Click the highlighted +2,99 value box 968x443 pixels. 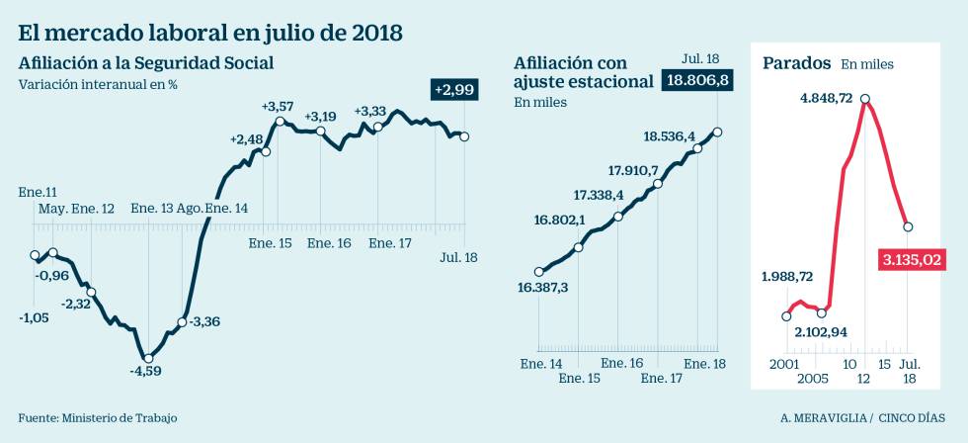coord(457,90)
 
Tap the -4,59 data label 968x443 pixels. coord(145,371)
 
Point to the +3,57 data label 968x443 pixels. coord(279,106)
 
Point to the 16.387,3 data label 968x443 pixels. coord(543,288)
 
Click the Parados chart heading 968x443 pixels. coord(796,63)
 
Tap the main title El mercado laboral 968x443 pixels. coord(210,32)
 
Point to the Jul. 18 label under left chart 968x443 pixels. coord(458,257)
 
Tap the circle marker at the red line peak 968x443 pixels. coord(865,99)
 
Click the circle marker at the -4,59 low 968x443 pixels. coord(147,358)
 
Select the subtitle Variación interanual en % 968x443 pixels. coord(98,84)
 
